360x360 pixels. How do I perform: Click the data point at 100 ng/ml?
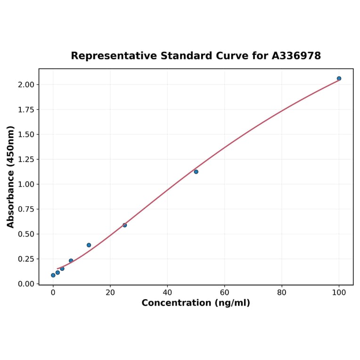coord(339,78)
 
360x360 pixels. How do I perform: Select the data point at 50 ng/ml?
coord(196,172)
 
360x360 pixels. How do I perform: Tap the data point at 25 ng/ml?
coord(124,225)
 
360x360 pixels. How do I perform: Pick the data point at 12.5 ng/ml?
coord(89,245)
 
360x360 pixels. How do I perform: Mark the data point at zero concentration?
coord(53,275)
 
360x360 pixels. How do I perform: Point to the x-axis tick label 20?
coord(110,293)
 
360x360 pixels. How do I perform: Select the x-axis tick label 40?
coord(167,293)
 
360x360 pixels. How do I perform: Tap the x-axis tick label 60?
coord(224,293)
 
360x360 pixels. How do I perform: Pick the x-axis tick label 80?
coord(282,293)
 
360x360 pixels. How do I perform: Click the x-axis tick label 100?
coord(339,293)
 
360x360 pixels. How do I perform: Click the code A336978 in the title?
coord(296,56)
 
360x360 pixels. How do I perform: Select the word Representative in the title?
coord(114,56)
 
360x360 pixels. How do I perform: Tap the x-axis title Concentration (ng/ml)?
coord(196,303)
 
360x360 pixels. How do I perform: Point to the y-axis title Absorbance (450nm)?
coord(11,177)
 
